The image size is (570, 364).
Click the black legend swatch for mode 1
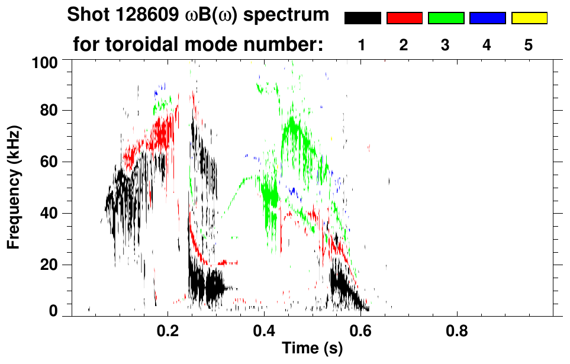point(362,18)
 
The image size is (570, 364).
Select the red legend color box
point(404,18)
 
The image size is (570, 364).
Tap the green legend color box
point(446,18)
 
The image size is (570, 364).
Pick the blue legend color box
point(487,18)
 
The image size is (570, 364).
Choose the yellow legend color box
point(529,18)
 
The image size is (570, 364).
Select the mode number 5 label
point(529,45)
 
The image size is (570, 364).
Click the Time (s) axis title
point(312,349)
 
